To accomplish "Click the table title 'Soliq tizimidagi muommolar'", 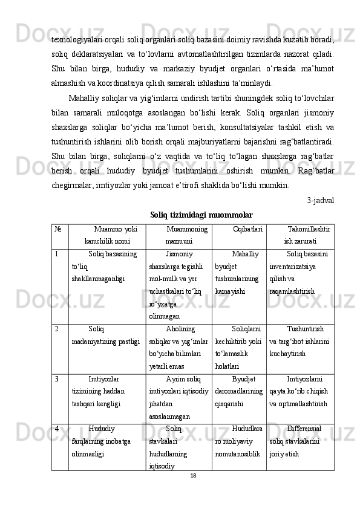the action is pos(201,215).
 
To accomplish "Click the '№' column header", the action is pos(56,230).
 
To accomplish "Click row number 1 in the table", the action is pos(56,254).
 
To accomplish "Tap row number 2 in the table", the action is pos(56,330).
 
